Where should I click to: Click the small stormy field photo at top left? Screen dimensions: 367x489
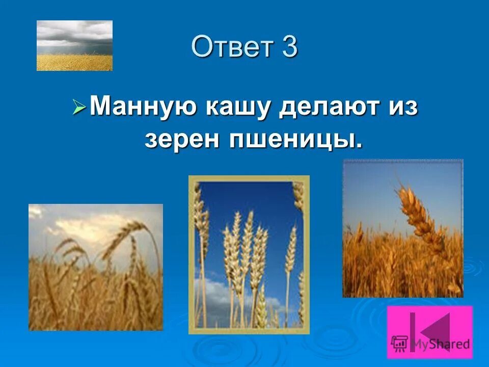[x=74, y=45]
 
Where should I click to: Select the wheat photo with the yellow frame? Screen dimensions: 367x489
[x=249, y=255]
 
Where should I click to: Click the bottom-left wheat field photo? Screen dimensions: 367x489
[x=96, y=267]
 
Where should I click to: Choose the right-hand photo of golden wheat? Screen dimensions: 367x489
[x=402, y=228]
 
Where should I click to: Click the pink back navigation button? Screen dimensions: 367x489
[x=429, y=332]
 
